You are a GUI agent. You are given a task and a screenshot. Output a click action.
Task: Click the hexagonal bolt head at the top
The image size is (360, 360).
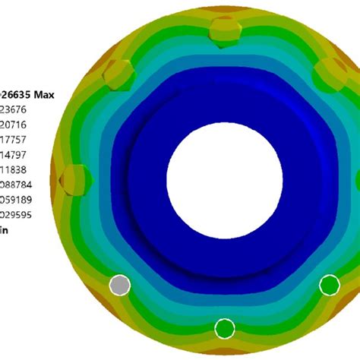(x=226, y=31)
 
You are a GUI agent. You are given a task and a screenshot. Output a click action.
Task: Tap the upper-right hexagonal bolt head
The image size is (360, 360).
(x=331, y=74)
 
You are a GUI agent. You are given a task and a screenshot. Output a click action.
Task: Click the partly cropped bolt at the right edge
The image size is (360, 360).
(x=356, y=179)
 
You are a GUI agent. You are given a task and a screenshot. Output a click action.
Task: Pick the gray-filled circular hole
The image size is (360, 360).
(x=120, y=285)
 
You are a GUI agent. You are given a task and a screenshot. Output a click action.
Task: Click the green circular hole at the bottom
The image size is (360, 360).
(x=225, y=328)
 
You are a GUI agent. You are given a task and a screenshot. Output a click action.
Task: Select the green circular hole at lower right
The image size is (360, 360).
(x=329, y=285)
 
